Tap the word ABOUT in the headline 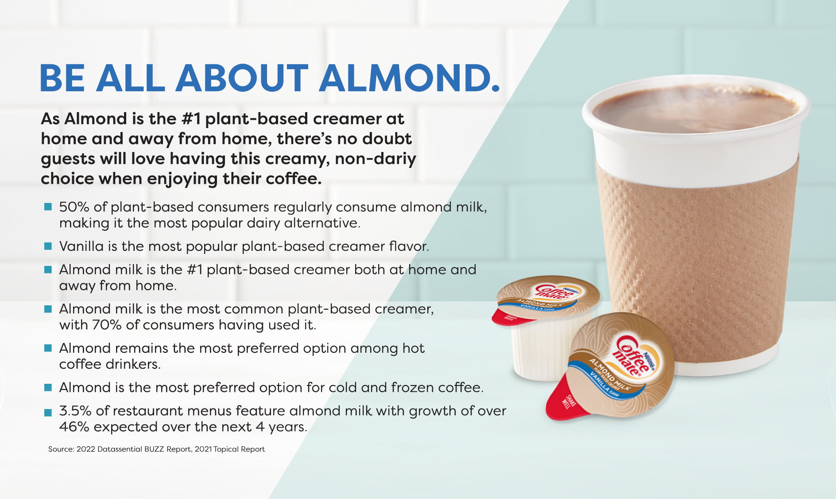242,78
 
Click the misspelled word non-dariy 375,159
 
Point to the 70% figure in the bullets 107,325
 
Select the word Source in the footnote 61,449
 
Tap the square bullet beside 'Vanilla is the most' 48,246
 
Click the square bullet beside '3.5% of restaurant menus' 48,413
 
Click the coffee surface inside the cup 695,109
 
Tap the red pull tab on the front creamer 564,399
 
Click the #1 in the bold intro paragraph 191,119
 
